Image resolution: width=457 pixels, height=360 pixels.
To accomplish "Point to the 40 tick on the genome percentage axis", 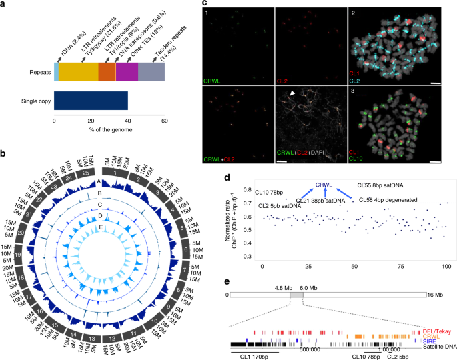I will tap(128, 123).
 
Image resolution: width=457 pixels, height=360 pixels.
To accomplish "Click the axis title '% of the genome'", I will tap(109, 131).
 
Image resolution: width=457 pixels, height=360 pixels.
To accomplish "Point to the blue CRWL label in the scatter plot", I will tap(324, 185).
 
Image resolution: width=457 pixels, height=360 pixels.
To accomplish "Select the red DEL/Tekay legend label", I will tap(436, 311).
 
